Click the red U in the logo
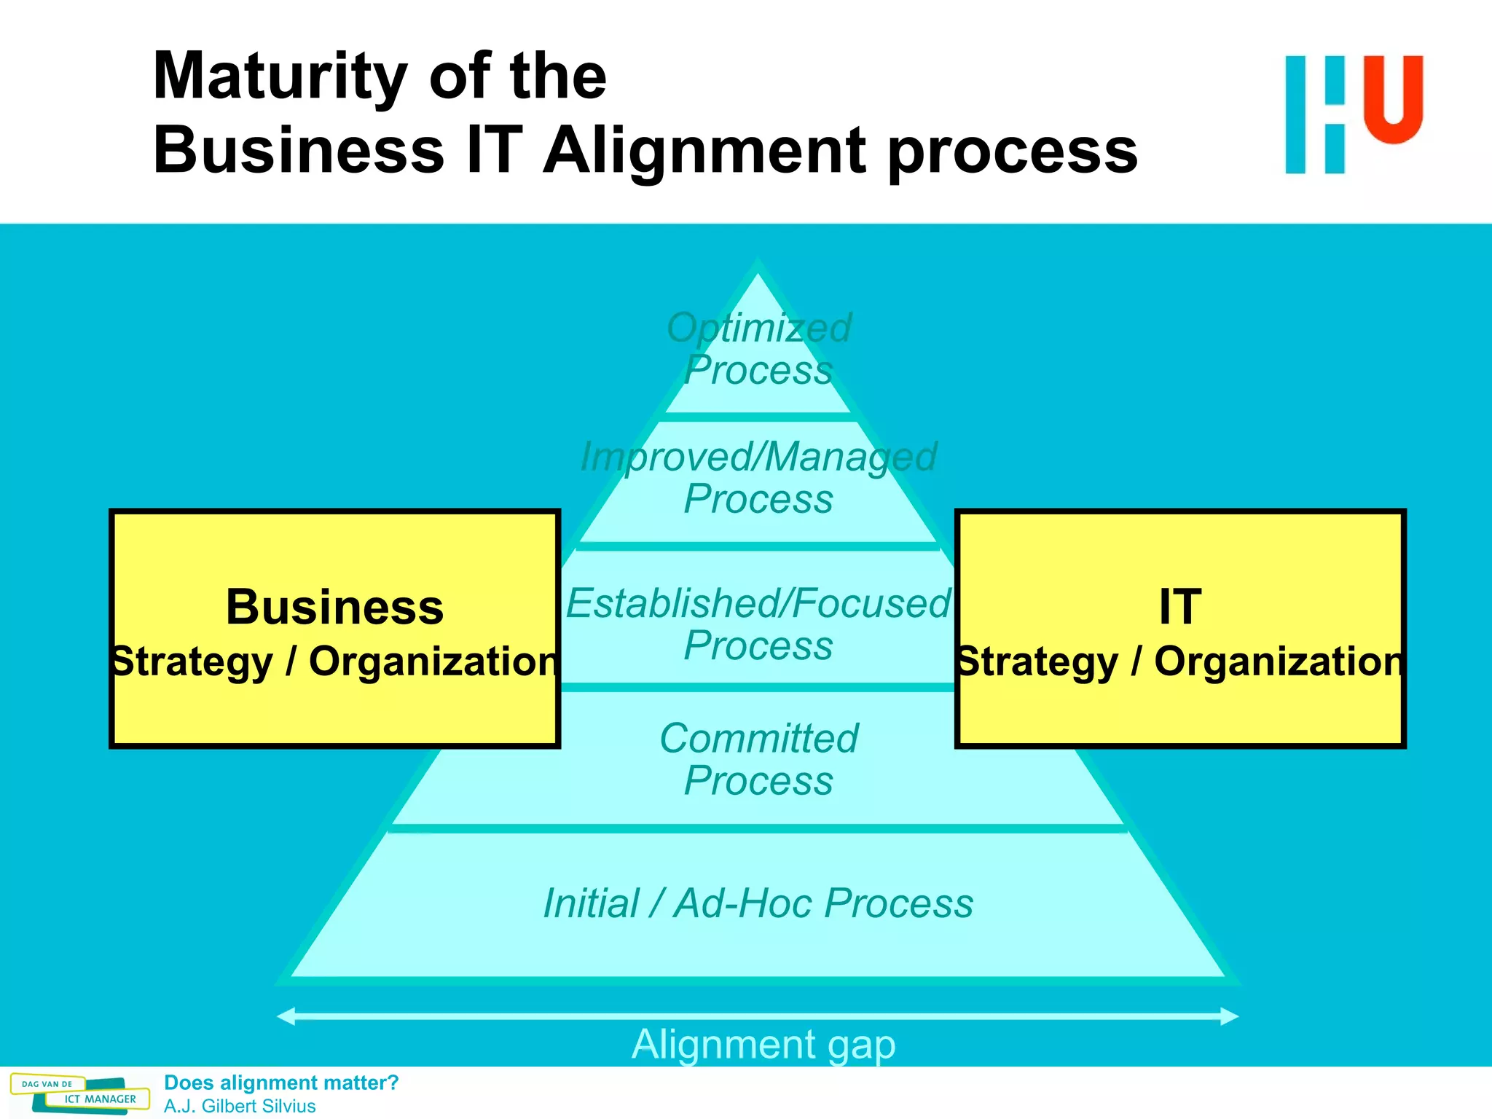1393,99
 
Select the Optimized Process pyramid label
758,348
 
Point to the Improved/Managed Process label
758,477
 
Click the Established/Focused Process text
758,624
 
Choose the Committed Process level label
758,759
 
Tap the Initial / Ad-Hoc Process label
758,903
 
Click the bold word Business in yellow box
334,607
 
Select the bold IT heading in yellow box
1179,607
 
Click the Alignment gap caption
763,1044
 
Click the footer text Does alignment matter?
281,1083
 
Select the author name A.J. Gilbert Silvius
240,1106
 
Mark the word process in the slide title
1013,151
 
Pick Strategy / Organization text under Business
334,661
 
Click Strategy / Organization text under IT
1179,661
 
